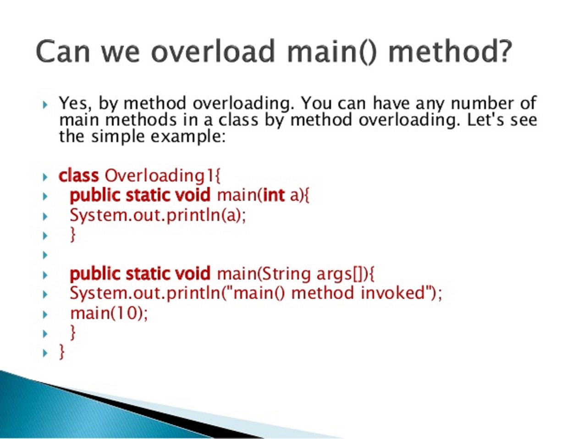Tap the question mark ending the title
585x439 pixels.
(x=503, y=51)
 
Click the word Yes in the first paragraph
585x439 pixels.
(x=72, y=103)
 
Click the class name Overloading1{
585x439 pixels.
(x=163, y=176)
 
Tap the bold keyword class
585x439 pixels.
(x=78, y=176)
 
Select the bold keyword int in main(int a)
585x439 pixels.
(x=274, y=195)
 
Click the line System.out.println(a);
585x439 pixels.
(x=158, y=215)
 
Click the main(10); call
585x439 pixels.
(x=109, y=313)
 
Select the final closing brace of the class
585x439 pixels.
(x=62, y=352)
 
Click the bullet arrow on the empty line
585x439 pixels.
(x=45, y=255)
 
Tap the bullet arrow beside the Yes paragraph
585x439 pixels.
(x=45, y=105)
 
